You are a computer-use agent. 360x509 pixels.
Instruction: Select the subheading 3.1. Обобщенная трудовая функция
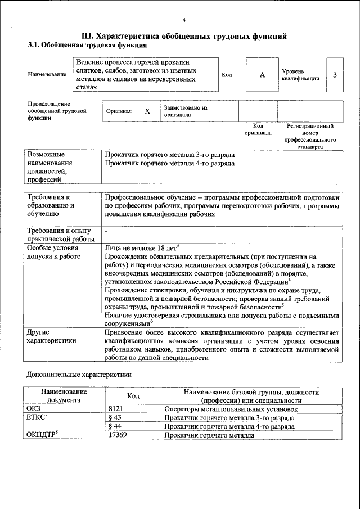tap(88, 45)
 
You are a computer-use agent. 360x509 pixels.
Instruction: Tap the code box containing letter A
tap(262, 75)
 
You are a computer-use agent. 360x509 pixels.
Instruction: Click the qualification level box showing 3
tap(335, 75)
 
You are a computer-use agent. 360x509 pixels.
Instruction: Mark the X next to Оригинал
tap(147, 111)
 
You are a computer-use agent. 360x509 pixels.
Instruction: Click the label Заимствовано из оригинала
tap(186, 111)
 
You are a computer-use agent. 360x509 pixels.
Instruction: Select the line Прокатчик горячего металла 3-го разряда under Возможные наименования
tap(170, 154)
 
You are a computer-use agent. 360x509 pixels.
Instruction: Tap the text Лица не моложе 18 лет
tap(141, 247)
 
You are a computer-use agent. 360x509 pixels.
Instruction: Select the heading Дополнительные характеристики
tap(79, 374)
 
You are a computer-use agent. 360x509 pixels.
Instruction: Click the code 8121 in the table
tap(115, 409)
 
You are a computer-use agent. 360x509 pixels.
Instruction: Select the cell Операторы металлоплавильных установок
tap(230, 409)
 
